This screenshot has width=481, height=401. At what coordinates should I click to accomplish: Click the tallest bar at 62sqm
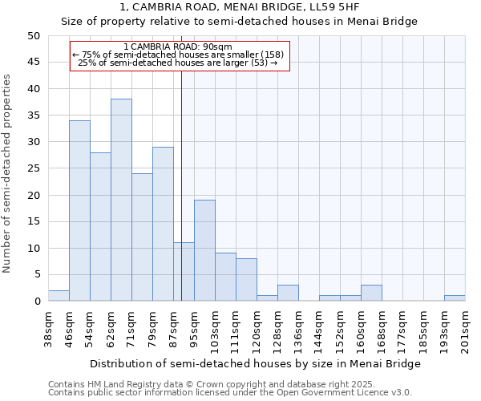[x=121, y=200]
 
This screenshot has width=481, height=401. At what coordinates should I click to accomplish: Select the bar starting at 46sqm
[x=79, y=210]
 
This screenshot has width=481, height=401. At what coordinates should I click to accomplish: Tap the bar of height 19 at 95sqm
[x=204, y=250]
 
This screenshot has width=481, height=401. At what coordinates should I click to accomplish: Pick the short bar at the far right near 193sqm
[x=455, y=298]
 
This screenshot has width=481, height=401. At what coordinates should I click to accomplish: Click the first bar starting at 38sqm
[x=59, y=296]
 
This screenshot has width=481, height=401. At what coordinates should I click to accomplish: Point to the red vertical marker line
[x=182, y=200]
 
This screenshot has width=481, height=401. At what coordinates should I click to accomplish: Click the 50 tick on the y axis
[x=33, y=36]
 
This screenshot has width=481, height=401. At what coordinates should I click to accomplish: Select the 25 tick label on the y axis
[x=33, y=168]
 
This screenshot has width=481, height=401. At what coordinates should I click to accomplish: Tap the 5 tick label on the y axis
[x=36, y=275]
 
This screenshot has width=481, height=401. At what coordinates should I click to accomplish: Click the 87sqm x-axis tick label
[x=173, y=329]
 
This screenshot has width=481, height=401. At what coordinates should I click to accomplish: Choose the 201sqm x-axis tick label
[x=465, y=331]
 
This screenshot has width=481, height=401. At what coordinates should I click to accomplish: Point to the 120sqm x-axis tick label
[x=257, y=331]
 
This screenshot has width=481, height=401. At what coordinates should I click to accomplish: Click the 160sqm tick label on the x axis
[x=361, y=331]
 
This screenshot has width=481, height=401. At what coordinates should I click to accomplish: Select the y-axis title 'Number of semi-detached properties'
[x=7, y=173]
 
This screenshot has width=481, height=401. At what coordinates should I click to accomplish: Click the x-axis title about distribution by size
[x=255, y=363]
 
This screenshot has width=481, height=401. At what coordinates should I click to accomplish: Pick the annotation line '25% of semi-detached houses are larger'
[x=178, y=63]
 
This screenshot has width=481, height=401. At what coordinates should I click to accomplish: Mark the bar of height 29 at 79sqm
[x=163, y=224]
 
